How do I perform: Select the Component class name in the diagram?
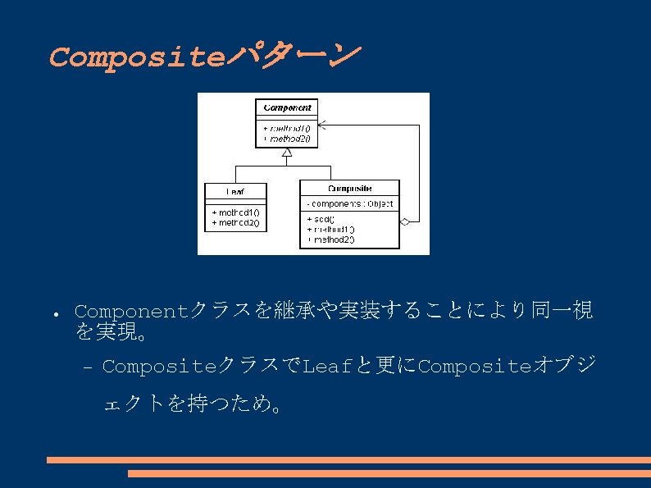coord(287,107)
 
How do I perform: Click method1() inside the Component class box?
coord(286,129)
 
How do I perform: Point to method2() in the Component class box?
coord(286,139)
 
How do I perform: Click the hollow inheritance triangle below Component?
coord(287,152)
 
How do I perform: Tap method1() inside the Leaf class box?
coord(235,212)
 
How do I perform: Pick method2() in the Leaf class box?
coord(235,222)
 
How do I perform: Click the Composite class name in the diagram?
coord(350,189)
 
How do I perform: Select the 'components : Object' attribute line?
coord(350,203)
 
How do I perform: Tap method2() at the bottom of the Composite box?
coord(331,239)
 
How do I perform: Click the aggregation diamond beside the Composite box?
coord(404,221)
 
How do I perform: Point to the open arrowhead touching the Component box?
coord(322,125)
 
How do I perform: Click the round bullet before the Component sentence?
coord(51,315)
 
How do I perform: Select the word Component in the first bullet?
coord(132,312)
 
